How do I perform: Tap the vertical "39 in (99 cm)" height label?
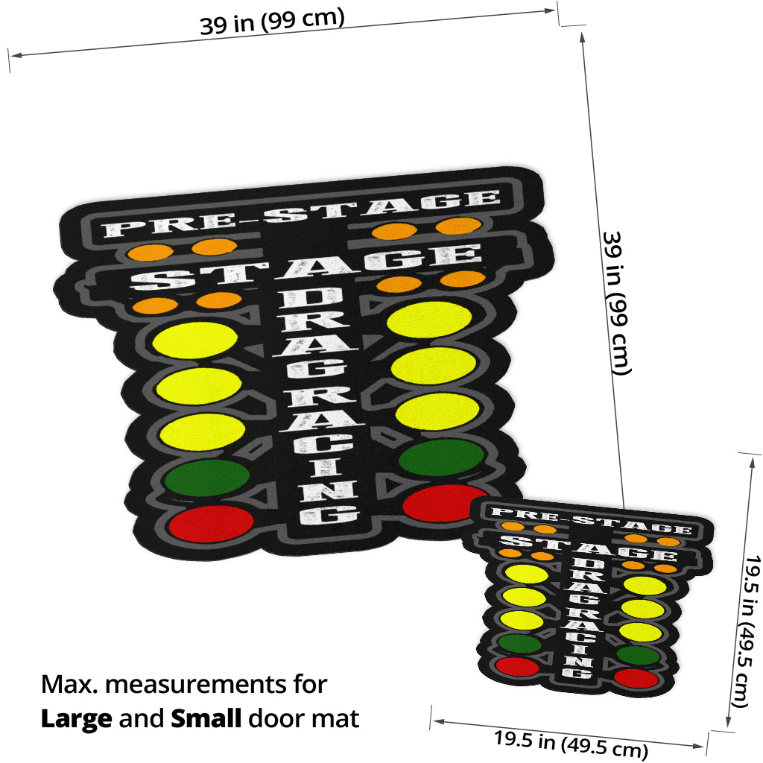pos(616,302)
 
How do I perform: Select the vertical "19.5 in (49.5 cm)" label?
pos(745,630)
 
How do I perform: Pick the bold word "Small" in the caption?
pos(206,719)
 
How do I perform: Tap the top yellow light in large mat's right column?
pos(430,318)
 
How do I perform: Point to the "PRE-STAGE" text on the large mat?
pos(298,212)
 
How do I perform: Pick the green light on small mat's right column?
pos(639,656)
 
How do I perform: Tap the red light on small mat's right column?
pos(636,679)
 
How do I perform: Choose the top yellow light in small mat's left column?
pos(526,574)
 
